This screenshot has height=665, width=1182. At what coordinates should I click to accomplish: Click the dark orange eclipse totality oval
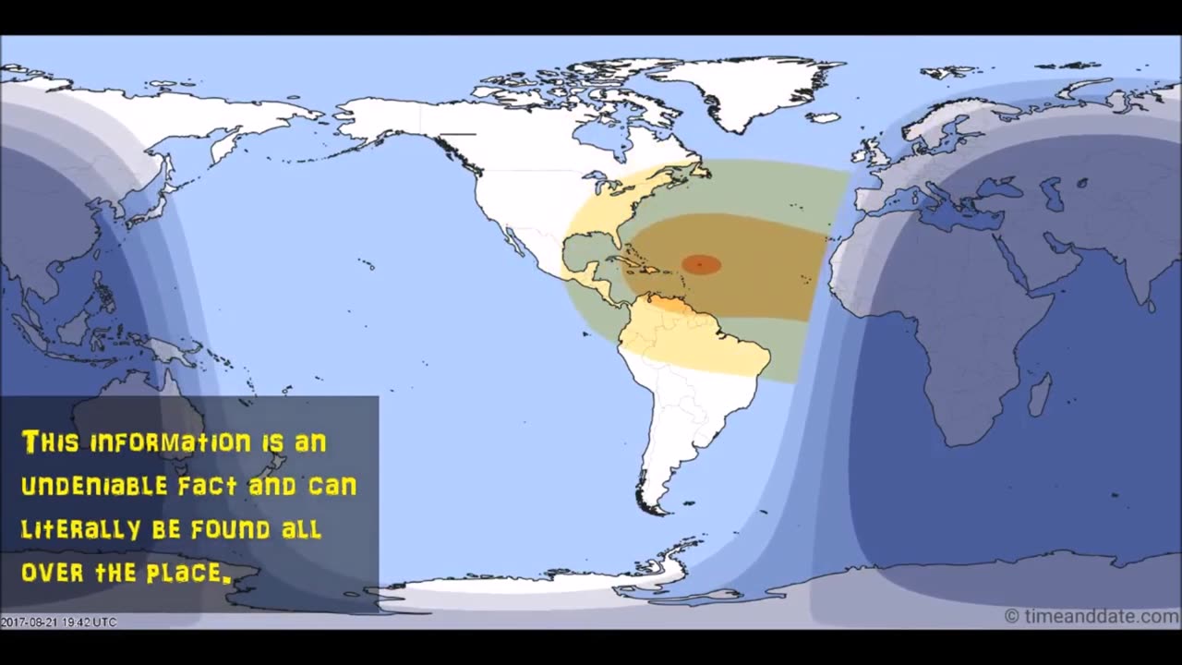pyautogui.click(x=701, y=265)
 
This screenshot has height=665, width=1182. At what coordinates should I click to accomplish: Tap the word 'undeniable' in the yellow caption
pyautogui.click(x=94, y=486)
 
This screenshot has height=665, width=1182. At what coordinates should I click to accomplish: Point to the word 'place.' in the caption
pyautogui.click(x=187, y=573)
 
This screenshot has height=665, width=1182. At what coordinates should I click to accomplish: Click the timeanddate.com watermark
pyautogui.click(x=1091, y=616)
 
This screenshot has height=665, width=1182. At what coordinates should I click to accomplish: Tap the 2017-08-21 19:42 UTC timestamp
pyautogui.click(x=58, y=623)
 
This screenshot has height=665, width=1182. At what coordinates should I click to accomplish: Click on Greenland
pyautogui.click(x=748, y=88)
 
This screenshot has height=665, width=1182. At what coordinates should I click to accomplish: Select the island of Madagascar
pyautogui.click(x=1040, y=393)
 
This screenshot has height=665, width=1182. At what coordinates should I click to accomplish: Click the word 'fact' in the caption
pyautogui.click(x=207, y=486)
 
